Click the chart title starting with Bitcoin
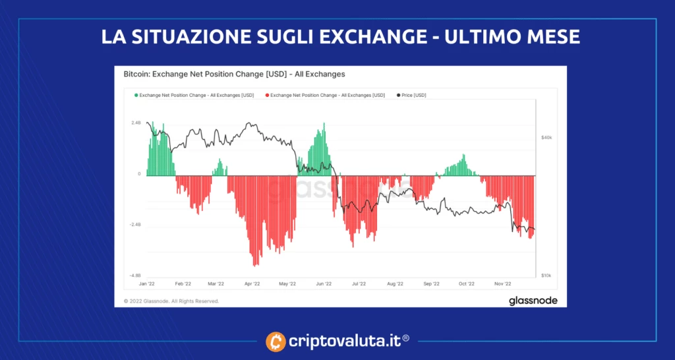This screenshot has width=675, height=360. coord(234,75)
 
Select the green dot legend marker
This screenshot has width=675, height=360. coord(136,96)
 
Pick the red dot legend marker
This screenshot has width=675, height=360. coord(267,96)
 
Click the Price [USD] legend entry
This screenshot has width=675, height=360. coord(413,96)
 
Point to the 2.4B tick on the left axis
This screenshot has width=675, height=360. coord(135,123)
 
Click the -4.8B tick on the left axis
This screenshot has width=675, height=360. coord(135,276)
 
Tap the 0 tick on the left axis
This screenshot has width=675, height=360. coord(139,174)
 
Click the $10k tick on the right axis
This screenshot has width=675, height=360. coord(546,276)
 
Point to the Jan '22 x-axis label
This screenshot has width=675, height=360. coord(146,284)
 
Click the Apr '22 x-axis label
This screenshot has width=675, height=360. coord(252,284)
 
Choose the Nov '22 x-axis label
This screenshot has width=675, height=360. coord(503,284)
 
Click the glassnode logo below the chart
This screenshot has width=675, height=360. coord(532,301)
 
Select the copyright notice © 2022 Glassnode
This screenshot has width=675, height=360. coord(171,301)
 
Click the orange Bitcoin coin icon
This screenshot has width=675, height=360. coord(276,342)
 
